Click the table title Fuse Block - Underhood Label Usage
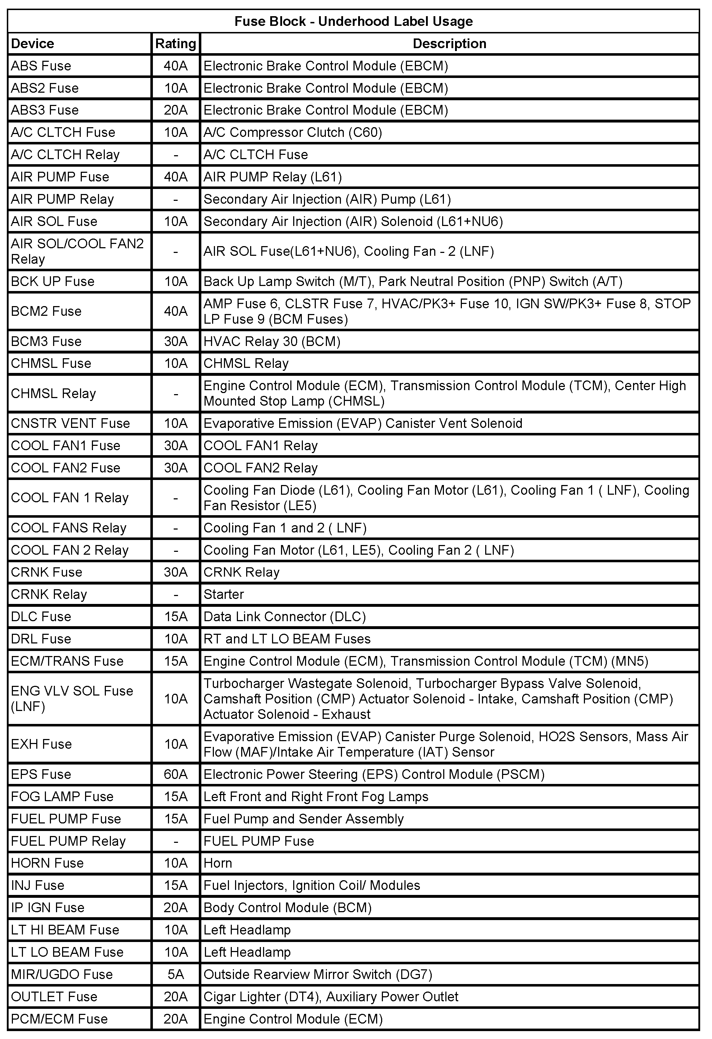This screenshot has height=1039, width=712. pos(353,22)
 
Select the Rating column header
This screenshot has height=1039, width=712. pos(175,43)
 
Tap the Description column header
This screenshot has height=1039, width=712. pos(449,43)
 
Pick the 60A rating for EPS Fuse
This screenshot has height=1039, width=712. pos(175,774)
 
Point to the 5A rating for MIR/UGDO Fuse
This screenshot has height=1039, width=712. pos(175,974)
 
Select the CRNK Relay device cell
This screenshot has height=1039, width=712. pos(49,594)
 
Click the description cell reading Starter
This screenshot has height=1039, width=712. pos(224,594)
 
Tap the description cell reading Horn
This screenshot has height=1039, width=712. pos(218,863)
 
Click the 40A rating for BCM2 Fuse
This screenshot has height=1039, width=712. pos(175,311)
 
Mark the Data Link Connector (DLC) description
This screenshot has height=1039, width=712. pos(285,617)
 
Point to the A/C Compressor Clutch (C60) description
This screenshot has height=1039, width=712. pos(292,132)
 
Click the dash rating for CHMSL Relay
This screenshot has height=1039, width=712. pos(175,393)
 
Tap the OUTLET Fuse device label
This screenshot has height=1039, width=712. pos(54,997)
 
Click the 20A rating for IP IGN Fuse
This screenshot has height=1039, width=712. pos(175,908)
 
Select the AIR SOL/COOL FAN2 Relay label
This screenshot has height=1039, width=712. pos(77,251)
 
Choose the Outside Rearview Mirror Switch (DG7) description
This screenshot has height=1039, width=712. pos(318,974)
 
